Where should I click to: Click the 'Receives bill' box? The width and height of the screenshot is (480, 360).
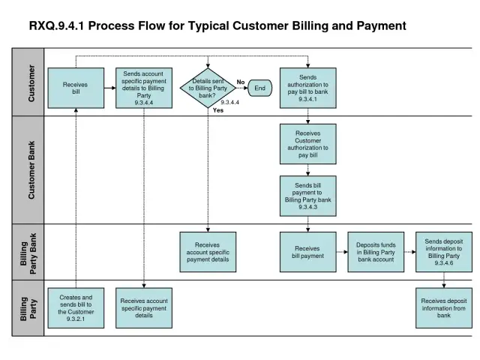pyautogui.click(x=76, y=88)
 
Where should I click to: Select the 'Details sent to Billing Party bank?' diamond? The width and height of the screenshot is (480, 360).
pyautogui.click(x=208, y=88)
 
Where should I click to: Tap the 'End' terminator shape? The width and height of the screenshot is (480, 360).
pyautogui.click(x=259, y=88)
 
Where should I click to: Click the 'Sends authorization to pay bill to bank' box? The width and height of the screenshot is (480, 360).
pyautogui.click(x=307, y=88)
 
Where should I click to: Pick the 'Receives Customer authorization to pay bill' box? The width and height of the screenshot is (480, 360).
pyautogui.click(x=307, y=144)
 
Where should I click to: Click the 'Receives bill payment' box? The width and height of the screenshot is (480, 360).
pyautogui.click(x=307, y=252)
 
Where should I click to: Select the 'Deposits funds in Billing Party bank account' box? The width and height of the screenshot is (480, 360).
pyautogui.click(x=376, y=252)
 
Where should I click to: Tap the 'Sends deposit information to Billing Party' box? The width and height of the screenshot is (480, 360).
pyautogui.click(x=444, y=252)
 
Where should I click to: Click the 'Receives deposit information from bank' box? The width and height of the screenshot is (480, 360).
pyautogui.click(x=444, y=307)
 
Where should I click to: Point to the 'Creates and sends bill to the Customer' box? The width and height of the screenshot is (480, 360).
pyautogui.click(x=76, y=307)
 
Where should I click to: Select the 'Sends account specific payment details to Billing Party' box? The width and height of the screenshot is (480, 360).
pyautogui.click(x=144, y=88)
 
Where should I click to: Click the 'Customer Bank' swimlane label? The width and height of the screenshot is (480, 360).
pyautogui.click(x=31, y=170)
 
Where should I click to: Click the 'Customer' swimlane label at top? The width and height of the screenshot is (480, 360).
pyautogui.click(x=31, y=82)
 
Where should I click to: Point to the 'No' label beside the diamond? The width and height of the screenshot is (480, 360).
pyautogui.click(x=241, y=82)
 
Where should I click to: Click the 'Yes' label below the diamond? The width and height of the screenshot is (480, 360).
pyautogui.click(x=218, y=111)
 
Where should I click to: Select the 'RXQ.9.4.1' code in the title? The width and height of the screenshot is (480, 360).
pyautogui.click(x=56, y=25)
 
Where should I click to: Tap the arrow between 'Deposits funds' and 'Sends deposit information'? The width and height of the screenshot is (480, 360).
pyautogui.click(x=409, y=252)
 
